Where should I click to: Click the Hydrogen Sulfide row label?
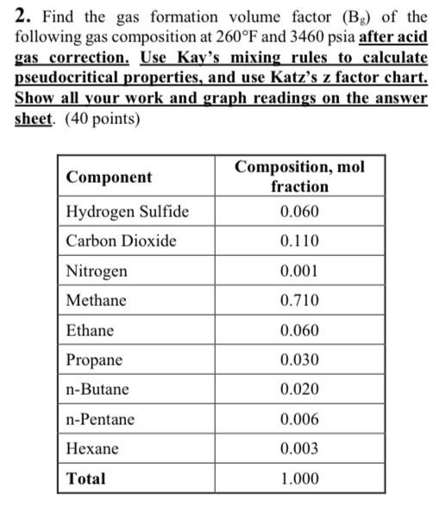click(x=128, y=212)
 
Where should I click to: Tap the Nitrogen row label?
click(x=97, y=272)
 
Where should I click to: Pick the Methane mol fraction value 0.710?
click(x=299, y=301)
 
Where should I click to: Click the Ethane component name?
click(x=90, y=330)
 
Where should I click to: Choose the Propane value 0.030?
click(x=299, y=359)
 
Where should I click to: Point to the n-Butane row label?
click(x=97, y=390)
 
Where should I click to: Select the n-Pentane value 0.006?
click(x=299, y=419)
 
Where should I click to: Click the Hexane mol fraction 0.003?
click(x=299, y=448)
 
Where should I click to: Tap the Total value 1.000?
click(x=299, y=478)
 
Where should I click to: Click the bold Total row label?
click(x=85, y=478)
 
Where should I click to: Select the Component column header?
click(x=109, y=177)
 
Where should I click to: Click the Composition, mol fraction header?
click(x=299, y=176)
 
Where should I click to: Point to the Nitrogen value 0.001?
click(x=299, y=272)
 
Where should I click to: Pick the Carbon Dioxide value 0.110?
click(x=299, y=241)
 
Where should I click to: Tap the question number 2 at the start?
click(x=22, y=16)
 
